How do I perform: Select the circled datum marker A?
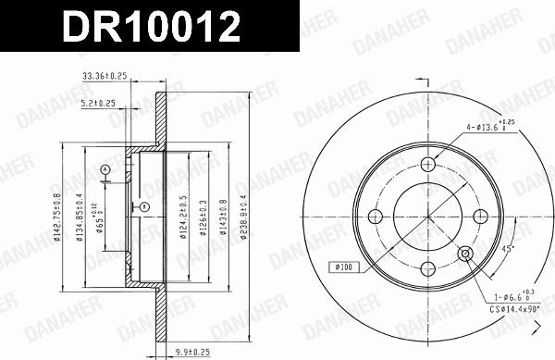(x=105, y=168)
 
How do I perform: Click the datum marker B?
(x=144, y=205)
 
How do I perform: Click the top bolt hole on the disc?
(x=427, y=164)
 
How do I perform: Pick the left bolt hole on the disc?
(x=375, y=217)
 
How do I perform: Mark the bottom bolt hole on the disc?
(x=427, y=269)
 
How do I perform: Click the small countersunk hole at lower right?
(x=465, y=254)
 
